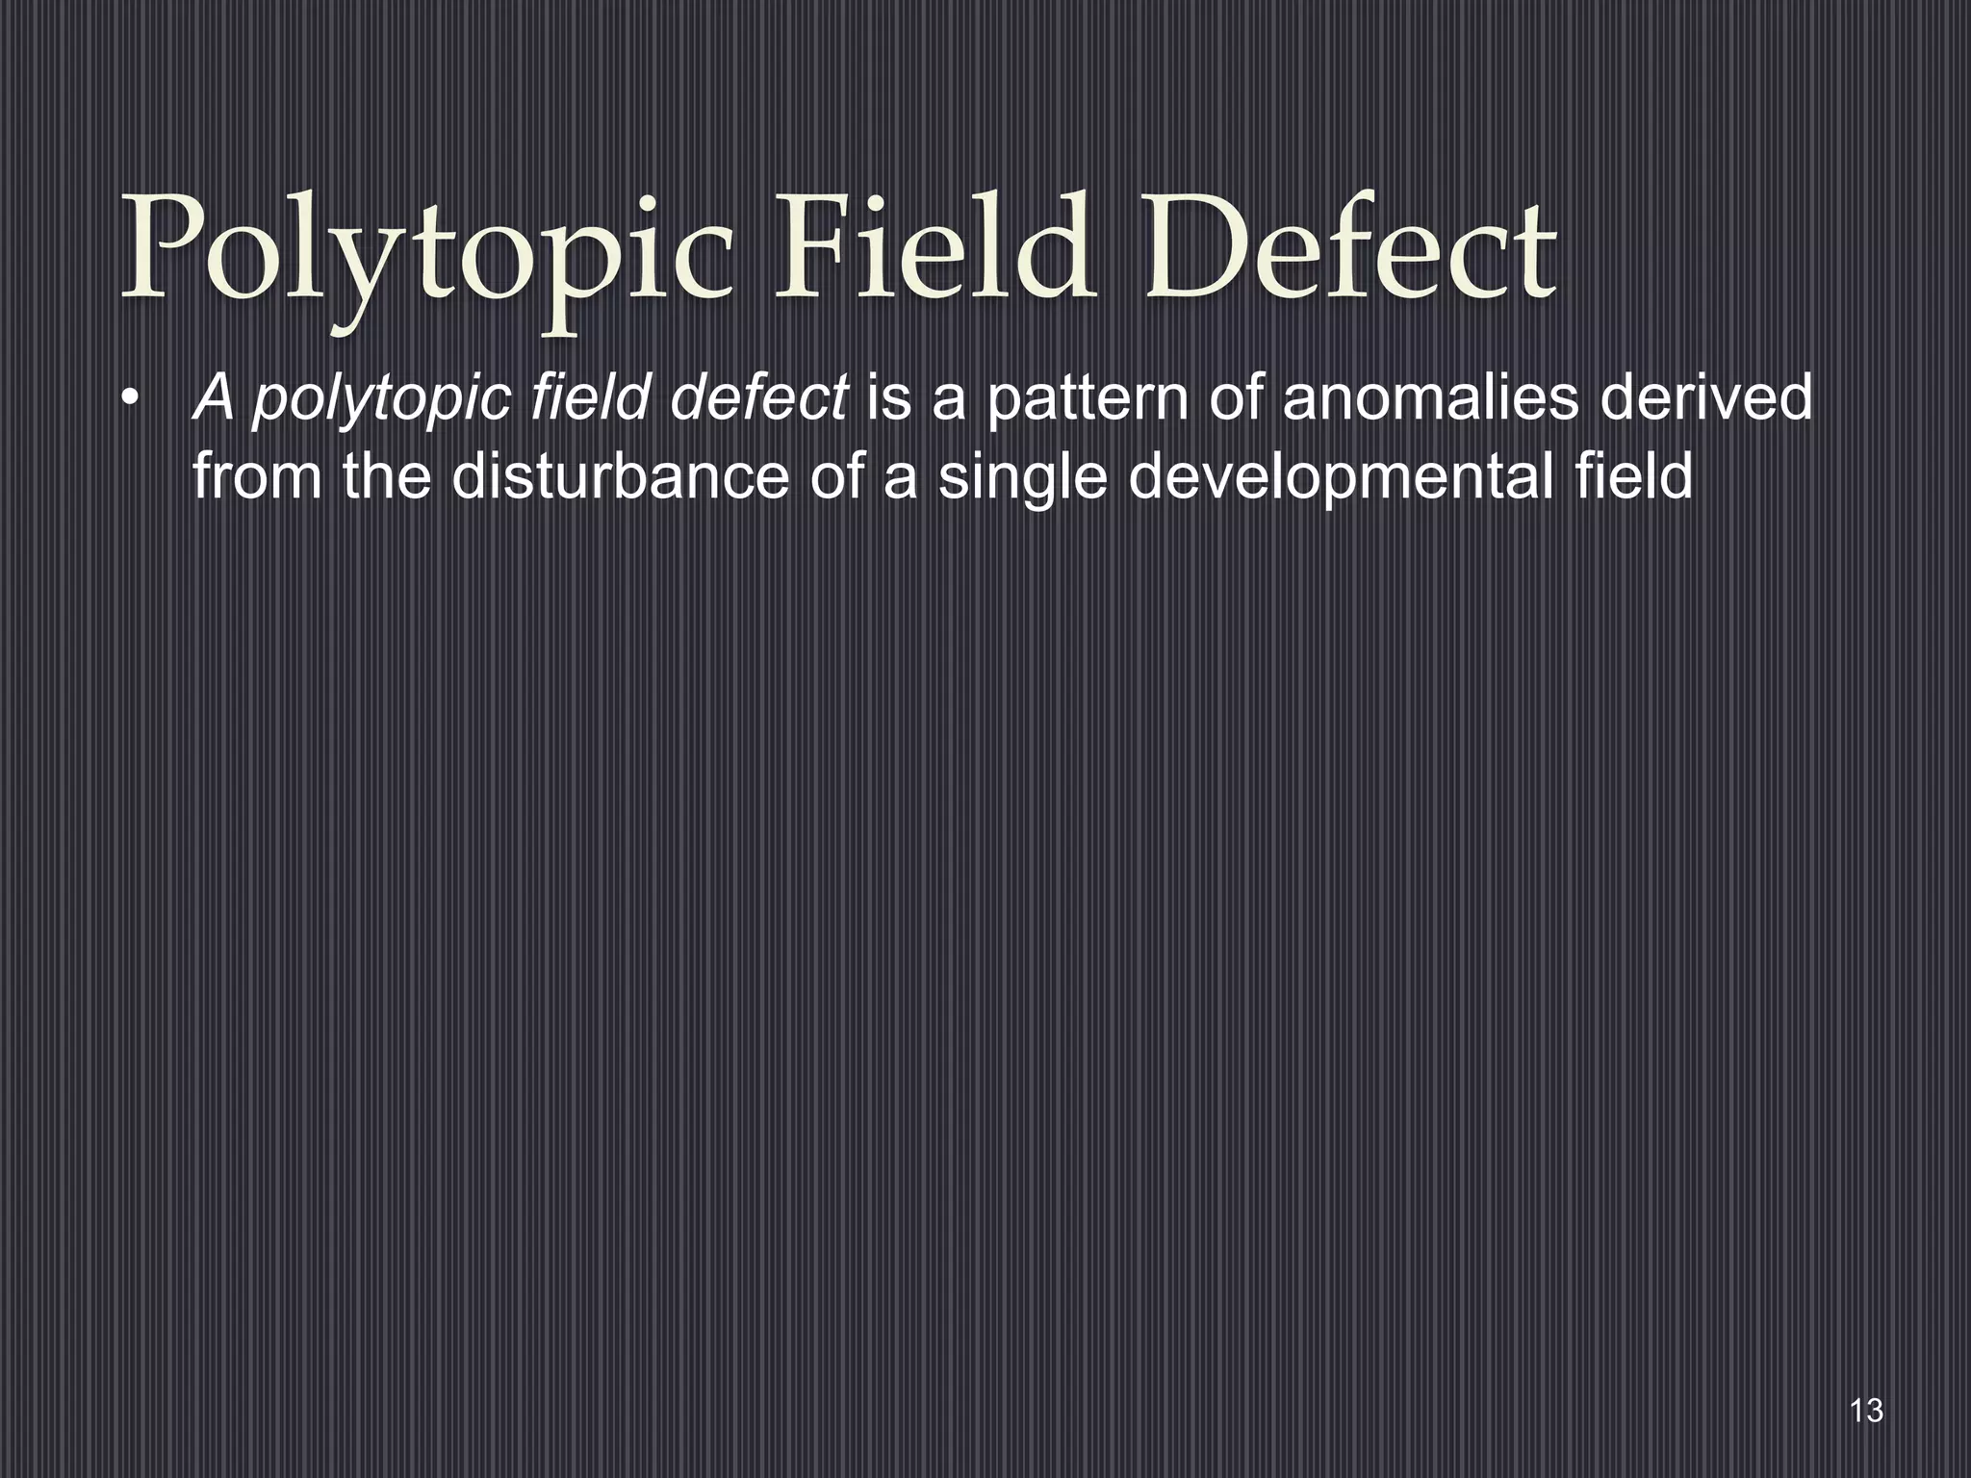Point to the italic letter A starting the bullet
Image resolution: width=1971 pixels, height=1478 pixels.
(214, 397)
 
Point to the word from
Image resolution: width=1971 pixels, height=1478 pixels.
(257, 476)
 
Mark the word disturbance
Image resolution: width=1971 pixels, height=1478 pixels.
(620, 476)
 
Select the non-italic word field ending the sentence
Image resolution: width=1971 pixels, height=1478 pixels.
(1633, 476)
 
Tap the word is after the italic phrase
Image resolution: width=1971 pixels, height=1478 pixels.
(888, 397)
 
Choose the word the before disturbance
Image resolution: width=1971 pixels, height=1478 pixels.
(387, 476)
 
